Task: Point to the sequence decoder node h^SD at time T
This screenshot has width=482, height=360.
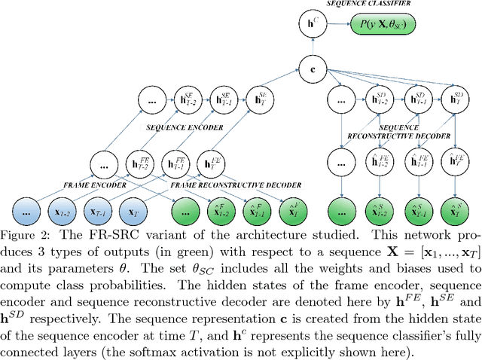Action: tap(454, 99)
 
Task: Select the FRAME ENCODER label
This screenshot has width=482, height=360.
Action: tap(63, 185)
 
